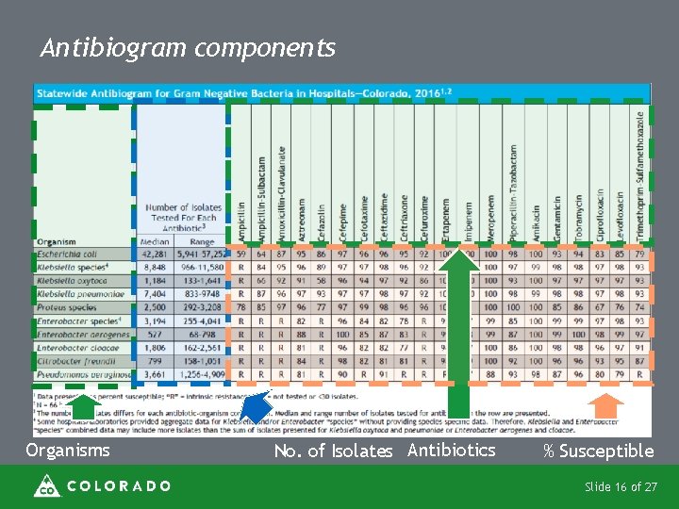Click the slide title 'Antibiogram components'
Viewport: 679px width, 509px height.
coord(188,48)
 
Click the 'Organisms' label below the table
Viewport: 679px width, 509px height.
coord(67,451)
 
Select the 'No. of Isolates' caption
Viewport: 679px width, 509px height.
coord(333,452)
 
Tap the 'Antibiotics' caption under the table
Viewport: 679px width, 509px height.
coord(451,451)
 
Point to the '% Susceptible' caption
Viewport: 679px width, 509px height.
coord(598,452)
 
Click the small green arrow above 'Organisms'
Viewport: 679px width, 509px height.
coord(84,406)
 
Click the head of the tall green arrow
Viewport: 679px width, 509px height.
coord(459,260)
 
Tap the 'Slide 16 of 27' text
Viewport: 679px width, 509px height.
coord(621,486)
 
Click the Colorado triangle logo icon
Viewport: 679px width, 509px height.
coord(45,485)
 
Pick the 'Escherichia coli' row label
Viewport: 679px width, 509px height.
coord(68,254)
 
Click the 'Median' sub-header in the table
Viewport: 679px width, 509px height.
coord(154,241)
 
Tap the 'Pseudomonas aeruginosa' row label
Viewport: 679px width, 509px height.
coord(82,374)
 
